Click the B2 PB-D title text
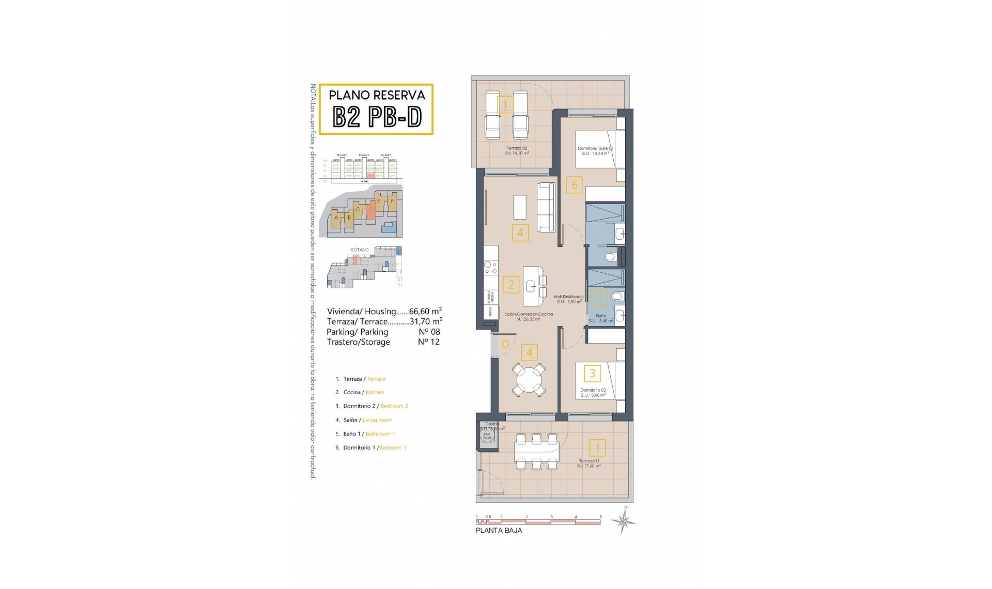tap(377, 117)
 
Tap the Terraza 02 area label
tap(517, 151)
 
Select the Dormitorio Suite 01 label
tap(595, 151)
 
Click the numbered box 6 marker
tap(574, 185)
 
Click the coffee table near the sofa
tap(520, 207)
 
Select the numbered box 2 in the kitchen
tap(511, 284)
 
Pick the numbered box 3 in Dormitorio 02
tap(592, 373)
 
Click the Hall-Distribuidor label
tap(569, 299)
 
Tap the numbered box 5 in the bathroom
tap(599, 297)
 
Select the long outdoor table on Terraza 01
tap(537, 451)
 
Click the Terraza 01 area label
tap(588, 463)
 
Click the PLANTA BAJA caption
tap(498, 531)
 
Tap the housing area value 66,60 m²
tap(425, 312)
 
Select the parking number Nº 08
tap(429, 332)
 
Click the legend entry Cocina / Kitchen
tap(364, 393)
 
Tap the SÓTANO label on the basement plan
tap(360, 250)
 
